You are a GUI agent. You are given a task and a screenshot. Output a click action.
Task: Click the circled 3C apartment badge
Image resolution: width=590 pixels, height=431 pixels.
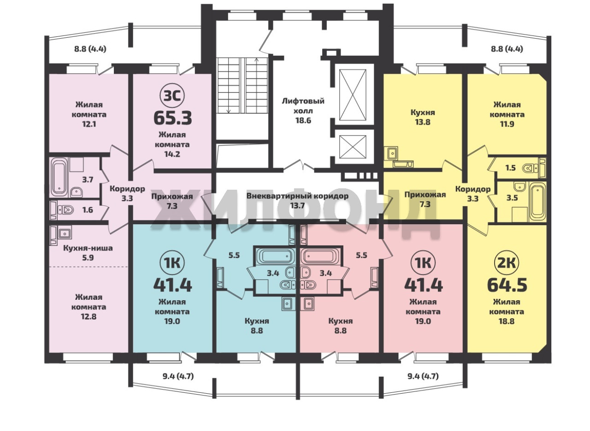point(172,96)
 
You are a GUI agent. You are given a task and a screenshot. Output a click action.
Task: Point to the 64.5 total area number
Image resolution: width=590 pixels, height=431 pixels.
point(507,285)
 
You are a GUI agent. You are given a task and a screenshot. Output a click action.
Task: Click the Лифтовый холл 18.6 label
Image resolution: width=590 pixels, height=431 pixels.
point(303,111)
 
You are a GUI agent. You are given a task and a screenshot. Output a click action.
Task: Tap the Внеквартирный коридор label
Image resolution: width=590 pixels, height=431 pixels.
point(297,196)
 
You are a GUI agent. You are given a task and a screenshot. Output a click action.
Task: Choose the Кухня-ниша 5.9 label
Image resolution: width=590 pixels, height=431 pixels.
point(88,253)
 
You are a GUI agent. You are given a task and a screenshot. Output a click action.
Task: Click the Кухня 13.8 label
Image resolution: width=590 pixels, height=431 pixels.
point(423,117)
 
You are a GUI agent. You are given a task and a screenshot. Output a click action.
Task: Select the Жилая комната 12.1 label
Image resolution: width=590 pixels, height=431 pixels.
point(89,115)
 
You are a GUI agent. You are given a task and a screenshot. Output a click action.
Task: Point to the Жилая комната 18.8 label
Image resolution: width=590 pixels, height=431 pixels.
point(507,312)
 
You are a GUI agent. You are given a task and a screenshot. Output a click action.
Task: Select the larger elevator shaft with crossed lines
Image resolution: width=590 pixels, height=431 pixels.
point(353,95)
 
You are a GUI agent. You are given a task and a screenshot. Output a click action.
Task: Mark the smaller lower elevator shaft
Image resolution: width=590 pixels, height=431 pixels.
point(353,147)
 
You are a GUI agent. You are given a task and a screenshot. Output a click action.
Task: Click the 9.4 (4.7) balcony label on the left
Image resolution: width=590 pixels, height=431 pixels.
point(178,376)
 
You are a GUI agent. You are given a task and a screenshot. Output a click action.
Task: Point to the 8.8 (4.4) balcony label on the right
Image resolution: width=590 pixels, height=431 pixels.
point(507,49)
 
